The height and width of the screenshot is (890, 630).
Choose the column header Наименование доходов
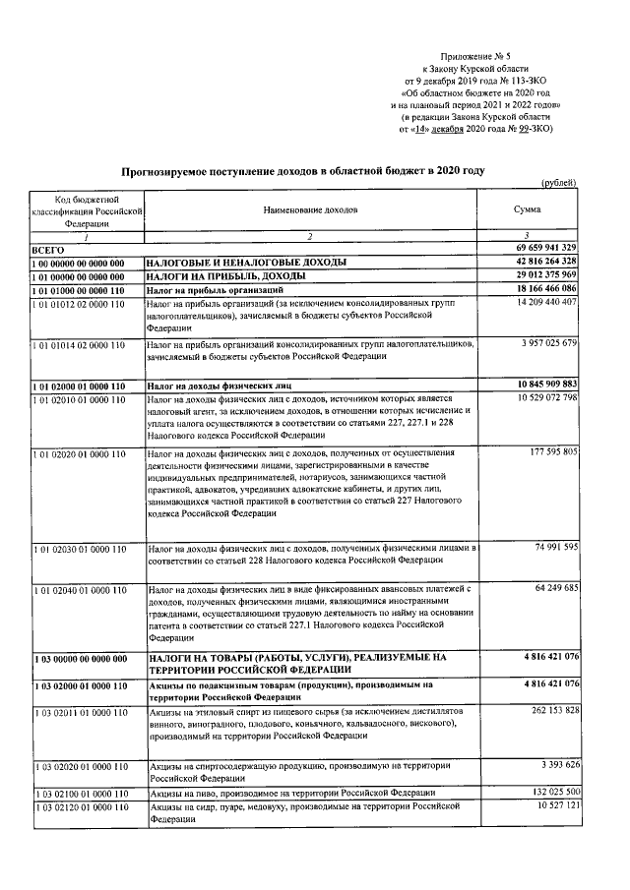click(x=311, y=210)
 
